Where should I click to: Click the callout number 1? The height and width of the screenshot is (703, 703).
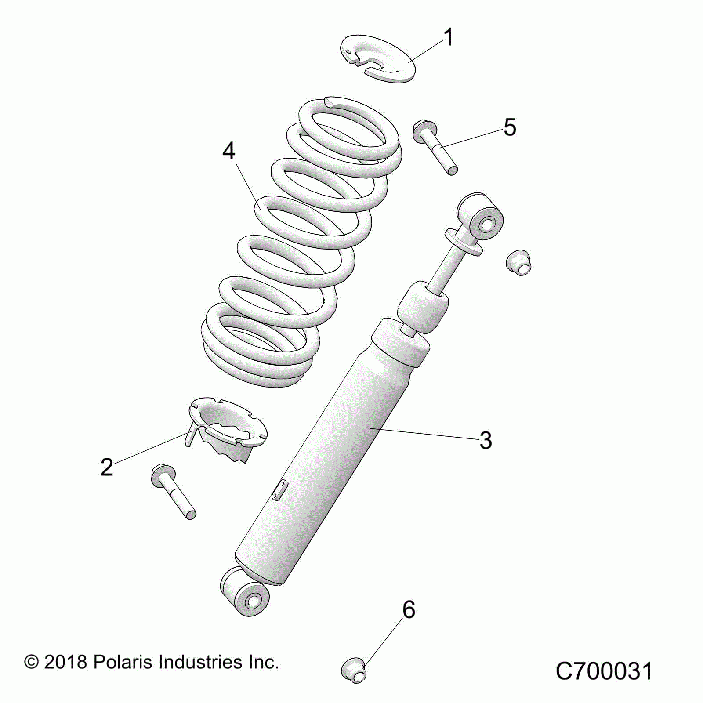(x=448, y=37)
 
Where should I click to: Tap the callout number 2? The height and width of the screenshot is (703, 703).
(x=107, y=467)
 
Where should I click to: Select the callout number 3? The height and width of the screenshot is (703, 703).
(x=486, y=440)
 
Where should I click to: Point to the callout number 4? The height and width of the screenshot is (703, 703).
(x=229, y=151)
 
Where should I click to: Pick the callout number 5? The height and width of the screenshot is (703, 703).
(x=510, y=127)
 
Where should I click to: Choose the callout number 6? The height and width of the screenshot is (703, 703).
(x=409, y=610)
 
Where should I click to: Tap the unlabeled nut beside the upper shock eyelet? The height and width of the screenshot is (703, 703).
(x=519, y=262)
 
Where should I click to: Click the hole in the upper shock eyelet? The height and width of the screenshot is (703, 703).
(x=486, y=226)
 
